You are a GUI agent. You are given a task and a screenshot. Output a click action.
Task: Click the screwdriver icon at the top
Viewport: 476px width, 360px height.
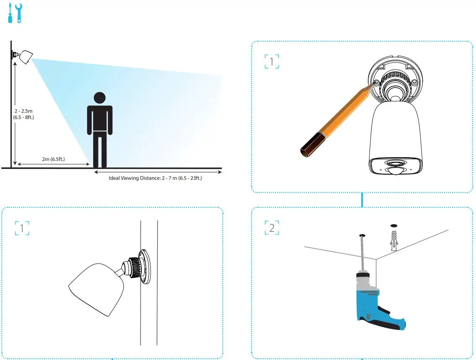(x=10, y=13)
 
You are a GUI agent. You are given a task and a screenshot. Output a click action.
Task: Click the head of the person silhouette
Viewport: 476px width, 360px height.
(x=99, y=98)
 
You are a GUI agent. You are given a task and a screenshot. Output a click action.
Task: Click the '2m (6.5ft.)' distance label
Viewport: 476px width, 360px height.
(x=53, y=159)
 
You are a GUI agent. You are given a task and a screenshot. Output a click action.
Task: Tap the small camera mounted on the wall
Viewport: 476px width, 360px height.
(x=24, y=57)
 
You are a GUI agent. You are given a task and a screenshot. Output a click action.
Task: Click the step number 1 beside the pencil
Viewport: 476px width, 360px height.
(x=272, y=62)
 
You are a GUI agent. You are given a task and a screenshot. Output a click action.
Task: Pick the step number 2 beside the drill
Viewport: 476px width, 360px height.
(x=272, y=228)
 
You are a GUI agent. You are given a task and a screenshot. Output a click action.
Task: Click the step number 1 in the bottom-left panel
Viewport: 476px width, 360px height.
(x=22, y=228)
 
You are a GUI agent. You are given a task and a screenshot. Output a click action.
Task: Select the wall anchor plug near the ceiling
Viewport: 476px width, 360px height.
(x=393, y=241)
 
